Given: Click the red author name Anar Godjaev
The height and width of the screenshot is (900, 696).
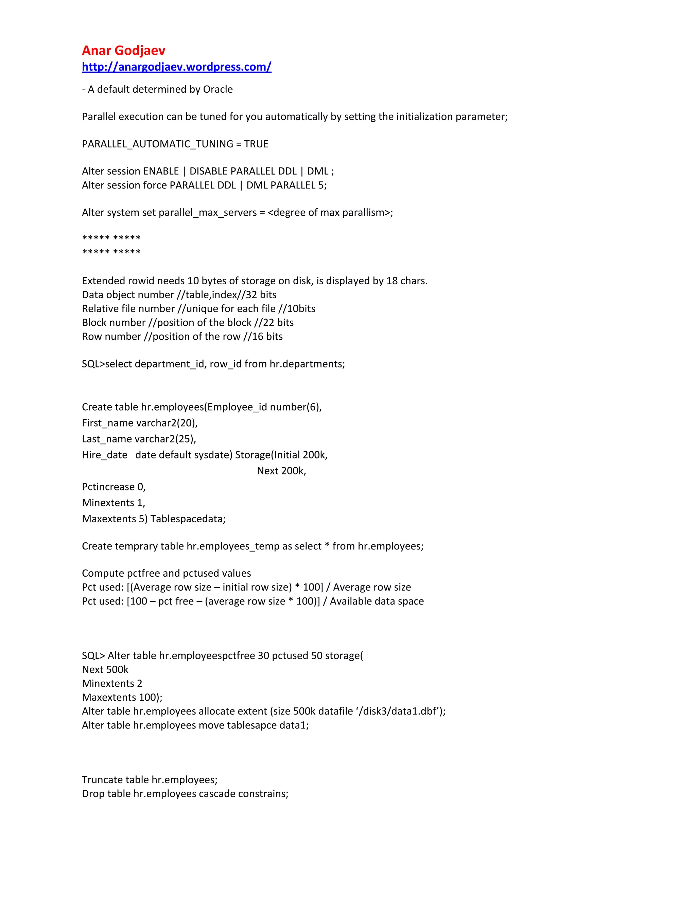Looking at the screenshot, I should tap(123, 50).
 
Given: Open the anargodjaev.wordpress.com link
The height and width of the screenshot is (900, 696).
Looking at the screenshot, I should tap(176, 67).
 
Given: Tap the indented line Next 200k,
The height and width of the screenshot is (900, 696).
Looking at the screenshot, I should tap(281, 471).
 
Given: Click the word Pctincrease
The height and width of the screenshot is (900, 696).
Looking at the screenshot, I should tap(108, 487).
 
